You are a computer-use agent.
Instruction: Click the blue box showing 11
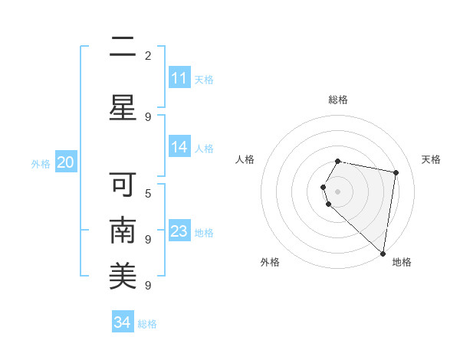pyautogui.click(x=179, y=78)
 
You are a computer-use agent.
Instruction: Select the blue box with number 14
pyautogui.click(x=179, y=148)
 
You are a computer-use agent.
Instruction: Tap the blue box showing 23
pyautogui.click(x=179, y=231)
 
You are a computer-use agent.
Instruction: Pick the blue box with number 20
pyautogui.click(x=65, y=162)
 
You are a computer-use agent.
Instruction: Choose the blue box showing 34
pyautogui.click(x=122, y=322)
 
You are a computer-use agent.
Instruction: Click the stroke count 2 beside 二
pyautogui.click(x=148, y=56)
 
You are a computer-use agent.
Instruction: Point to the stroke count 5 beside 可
pyautogui.click(x=148, y=193)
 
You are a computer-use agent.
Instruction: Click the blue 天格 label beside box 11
pyautogui.click(x=204, y=79)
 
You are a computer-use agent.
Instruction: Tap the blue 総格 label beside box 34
pyautogui.click(x=147, y=323)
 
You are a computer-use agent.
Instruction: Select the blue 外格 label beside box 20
pyautogui.click(x=41, y=163)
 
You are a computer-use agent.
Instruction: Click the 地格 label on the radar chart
pyautogui.click(x=402, y=262)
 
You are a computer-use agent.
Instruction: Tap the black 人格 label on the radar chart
pyautogui.click(x=245, y=159)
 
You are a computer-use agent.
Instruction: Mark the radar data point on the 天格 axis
pyautogui.click(x=396, y=173)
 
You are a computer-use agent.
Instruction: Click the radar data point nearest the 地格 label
pyautogui.click(x=383, y=253)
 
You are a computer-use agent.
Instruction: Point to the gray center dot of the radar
pyautogui.click(x=338, y=191)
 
